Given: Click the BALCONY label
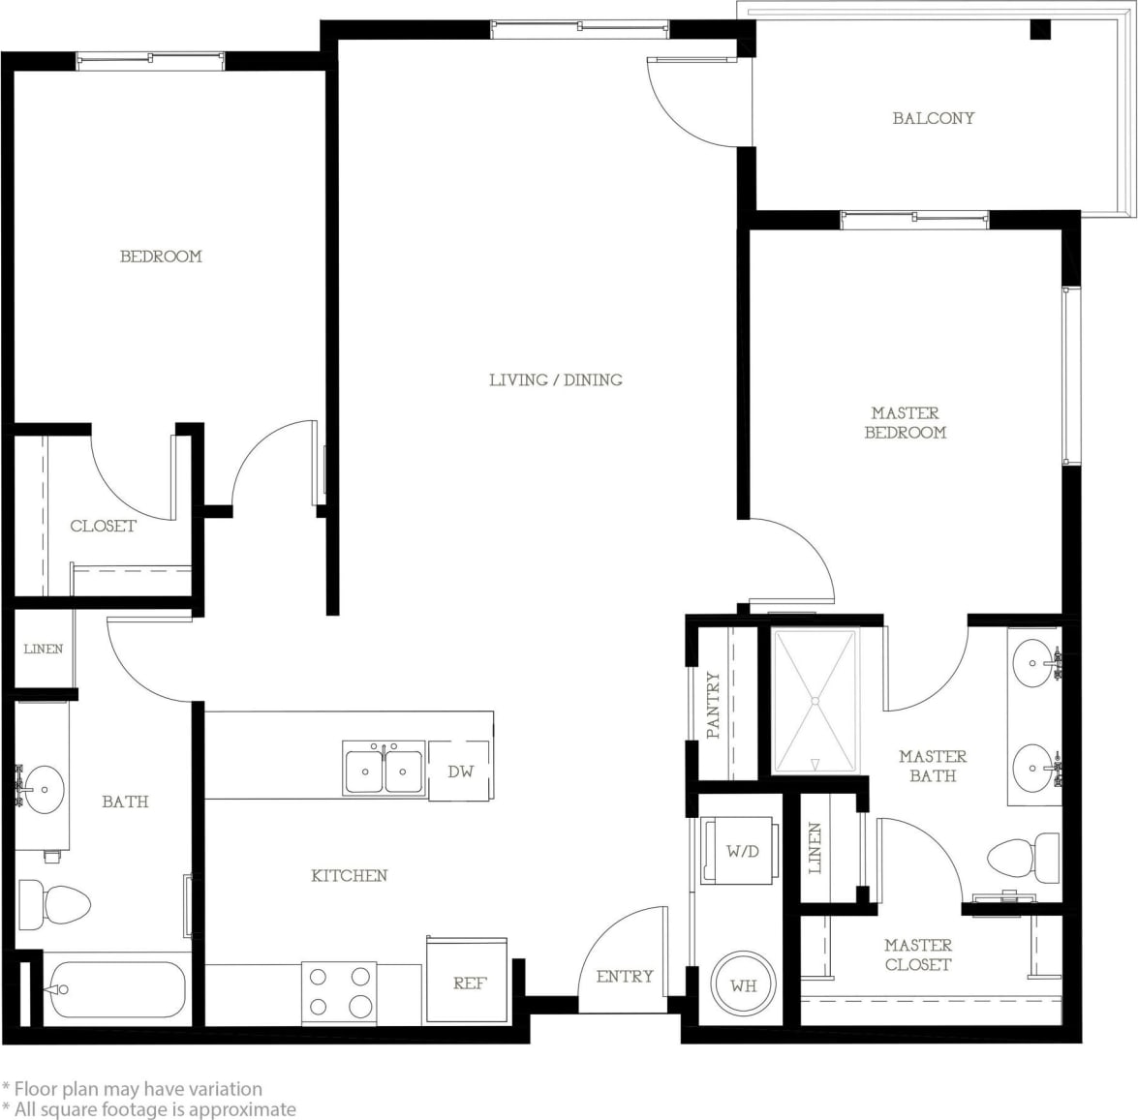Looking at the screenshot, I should pyautogui.click(x=933, y=118).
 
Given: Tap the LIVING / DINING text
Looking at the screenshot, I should pyautogui.click(x=555, y=379).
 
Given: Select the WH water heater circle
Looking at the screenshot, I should pyautogui.click(x=743, y=985).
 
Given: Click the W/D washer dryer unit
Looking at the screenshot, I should pyautogui.click(x=742, y=851).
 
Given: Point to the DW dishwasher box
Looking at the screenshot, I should pyautogui.click(x=460, y=772).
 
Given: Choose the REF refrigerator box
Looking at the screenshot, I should pyautogui.click(x=469, y=982).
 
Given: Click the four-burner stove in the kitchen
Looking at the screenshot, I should pyautogui.click(x=338, y=992).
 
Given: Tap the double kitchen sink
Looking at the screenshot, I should pyautogui.click(x=384, y=771).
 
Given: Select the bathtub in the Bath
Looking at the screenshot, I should pyautogui.click(x=116, y=989).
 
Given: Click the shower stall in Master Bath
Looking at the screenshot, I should pyautogui.click(x=815, y=700).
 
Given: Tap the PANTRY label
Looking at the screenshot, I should pyautogui.click(x=714, y=706).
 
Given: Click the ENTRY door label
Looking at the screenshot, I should pyautogui.click(x=624, y=976).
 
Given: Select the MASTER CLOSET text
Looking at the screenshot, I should pyautogui.click(x=917, y=954).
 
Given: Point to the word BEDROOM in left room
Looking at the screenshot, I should pyautogui.click(x=161, y=257).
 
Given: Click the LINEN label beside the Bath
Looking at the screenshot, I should pyautogui.click(x=44, y=649).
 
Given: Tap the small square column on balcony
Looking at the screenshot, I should pyautogui.click(x=1039, y=29).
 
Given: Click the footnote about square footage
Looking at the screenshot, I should pyautogui.click(x=155, y=1109).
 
